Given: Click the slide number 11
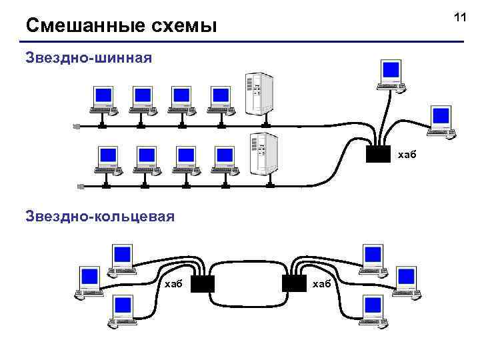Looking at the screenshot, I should tap(459, 17).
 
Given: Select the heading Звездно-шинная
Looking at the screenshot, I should tap(89, 57).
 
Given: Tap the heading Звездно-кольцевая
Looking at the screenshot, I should tap(100, 216).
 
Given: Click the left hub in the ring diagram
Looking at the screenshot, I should tap(202, 284).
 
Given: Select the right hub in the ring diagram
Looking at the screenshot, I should tap(294, 284).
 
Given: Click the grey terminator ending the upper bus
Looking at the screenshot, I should tap(77, 126).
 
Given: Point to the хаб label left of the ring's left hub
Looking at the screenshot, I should tap(173, 284).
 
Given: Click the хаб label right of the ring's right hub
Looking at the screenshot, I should tap(321, 284).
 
